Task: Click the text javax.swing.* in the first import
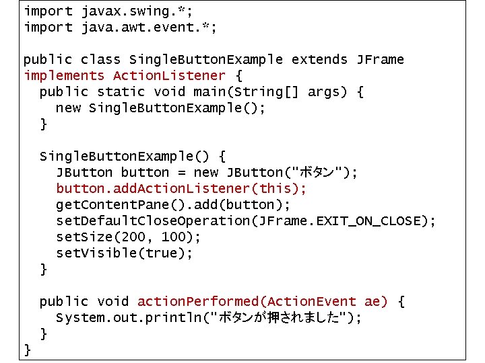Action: (126, 11)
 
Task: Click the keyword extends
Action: (320, 60)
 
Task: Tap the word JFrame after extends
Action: (380, 60)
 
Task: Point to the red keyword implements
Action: (64, 76)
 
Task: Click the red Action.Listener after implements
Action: (169, 76)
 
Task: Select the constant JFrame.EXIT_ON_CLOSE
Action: (356, 221)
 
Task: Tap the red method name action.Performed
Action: (195, 302)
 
